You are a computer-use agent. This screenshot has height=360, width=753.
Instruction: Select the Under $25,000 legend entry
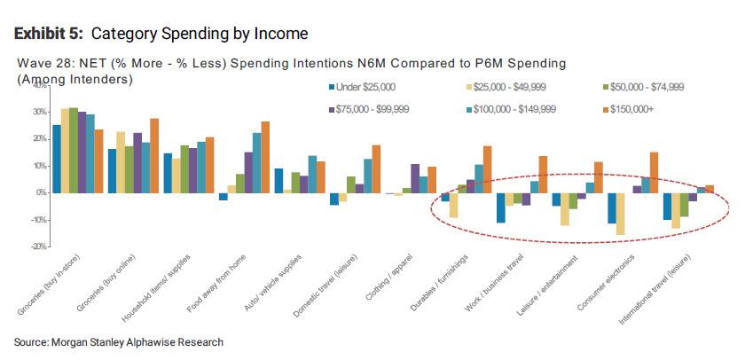pos(363,87)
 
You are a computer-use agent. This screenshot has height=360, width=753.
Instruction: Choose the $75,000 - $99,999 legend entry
pos(367,109)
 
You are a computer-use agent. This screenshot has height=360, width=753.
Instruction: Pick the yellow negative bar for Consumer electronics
pos(621,214)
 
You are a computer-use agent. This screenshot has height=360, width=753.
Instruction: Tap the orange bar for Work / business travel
pos(544,175)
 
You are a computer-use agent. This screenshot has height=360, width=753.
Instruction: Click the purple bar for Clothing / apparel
pos(415,178)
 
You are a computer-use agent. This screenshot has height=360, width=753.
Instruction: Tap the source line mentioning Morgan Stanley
pos(119,342)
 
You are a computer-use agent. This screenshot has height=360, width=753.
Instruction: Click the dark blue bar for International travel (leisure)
pos(667,206)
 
